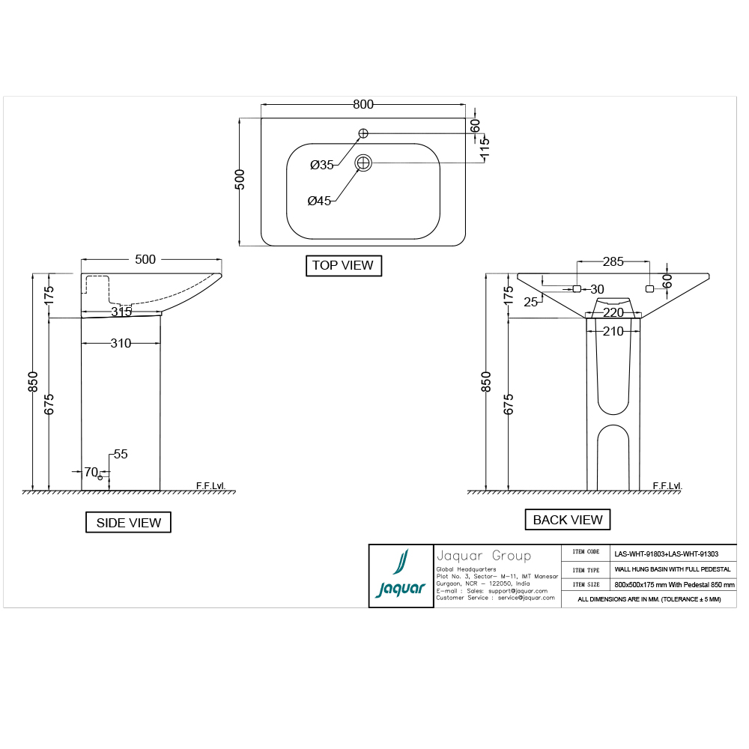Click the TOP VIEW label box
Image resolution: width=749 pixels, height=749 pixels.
[344, 265]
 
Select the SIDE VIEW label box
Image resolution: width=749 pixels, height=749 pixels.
[128, 523]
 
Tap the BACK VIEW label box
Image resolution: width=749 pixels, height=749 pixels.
[567, 520]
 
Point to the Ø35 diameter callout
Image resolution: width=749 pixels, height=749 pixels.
[322, 165]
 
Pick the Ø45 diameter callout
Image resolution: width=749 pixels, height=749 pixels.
[320, 201]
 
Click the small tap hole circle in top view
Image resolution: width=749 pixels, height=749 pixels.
[363, 133]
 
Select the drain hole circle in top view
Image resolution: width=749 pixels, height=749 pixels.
[363, 163]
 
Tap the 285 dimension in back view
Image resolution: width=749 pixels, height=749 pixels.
[613, 262]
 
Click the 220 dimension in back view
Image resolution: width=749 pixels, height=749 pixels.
[613, 312]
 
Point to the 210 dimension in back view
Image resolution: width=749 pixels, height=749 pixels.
[613, 331]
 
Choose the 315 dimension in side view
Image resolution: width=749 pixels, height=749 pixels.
[121, 312]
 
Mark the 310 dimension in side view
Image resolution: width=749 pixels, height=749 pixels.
[121, 344]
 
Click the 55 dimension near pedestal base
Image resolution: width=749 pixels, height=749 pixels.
[121, 454]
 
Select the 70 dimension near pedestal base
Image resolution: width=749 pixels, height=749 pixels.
[91, 472]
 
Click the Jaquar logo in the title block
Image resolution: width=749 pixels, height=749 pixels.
[400, 576]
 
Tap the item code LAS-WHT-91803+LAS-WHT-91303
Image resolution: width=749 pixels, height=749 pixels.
[666, 554]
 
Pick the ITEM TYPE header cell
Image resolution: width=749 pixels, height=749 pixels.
[586, 569]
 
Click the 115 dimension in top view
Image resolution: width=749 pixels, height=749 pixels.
[485, 147]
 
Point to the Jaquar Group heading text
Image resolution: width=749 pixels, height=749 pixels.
[483, 556]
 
